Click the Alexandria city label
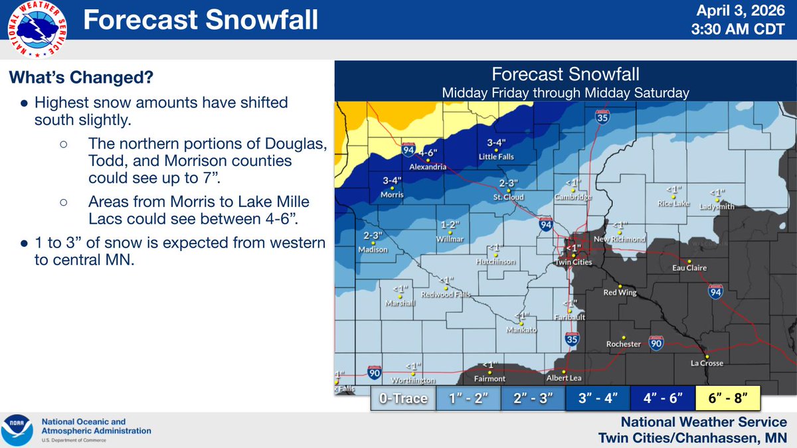(428, 167)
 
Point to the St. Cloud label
(508, 197)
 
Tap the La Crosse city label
(707, 363)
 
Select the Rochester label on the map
(623, 344)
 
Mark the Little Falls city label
(497, 157)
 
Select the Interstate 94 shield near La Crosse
(715, 292)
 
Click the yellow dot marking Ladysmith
(717, 198)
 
